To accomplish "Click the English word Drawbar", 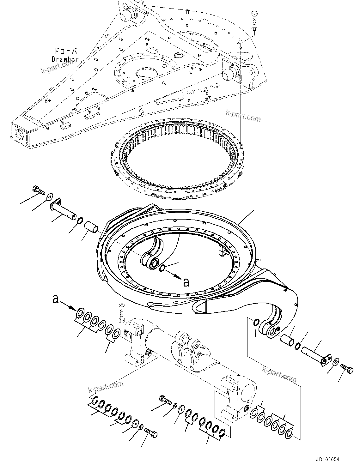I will (65, 59).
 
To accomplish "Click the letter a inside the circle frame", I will (186, 282).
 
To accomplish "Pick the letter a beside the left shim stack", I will (56, 299).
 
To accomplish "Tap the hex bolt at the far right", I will (347, 369).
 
